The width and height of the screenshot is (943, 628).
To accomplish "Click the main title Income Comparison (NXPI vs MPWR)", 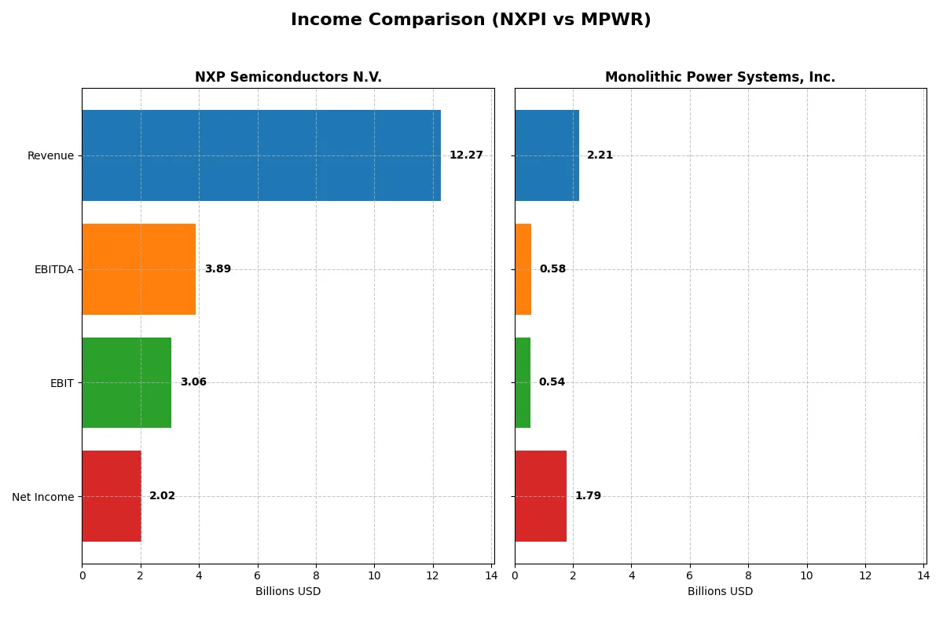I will tap(471, 20).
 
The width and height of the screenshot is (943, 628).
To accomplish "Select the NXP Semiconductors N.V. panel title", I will tap(288, 77).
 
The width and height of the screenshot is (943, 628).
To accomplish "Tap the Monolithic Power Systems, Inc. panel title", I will tap(720, 77).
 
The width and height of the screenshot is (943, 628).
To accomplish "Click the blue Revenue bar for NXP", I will tap(261, 155).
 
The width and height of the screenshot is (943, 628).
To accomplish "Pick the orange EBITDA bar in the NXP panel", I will tap(138, 269).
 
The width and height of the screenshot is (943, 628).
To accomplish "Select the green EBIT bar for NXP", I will tap(127, 382).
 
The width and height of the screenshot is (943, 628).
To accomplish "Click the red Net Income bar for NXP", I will tap(112, 496).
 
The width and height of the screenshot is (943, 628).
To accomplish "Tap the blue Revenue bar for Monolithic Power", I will tap(547, 155).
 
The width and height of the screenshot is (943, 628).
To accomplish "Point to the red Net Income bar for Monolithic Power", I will tap(541, 496).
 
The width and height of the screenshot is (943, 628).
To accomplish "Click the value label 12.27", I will tap(466, 155).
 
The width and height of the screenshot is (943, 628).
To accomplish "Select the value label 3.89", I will tap(218, 269).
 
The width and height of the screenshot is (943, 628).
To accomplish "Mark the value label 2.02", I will tap(162, 496).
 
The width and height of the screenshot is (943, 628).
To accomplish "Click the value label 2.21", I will tap(600, 155).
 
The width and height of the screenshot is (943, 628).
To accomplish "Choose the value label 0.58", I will tap(552, 269).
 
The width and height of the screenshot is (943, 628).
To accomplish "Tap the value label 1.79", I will tap(588, 496).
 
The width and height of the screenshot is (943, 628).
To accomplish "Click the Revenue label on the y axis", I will tap(50, 155).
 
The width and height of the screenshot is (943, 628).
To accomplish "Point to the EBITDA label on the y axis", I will tap(53, 269).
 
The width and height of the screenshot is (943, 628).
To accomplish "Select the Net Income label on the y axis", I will tap(43, 496).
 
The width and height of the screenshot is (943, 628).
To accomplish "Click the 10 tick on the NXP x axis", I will tap(374, 575).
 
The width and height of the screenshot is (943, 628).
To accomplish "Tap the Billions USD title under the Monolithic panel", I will tap(720, 591).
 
